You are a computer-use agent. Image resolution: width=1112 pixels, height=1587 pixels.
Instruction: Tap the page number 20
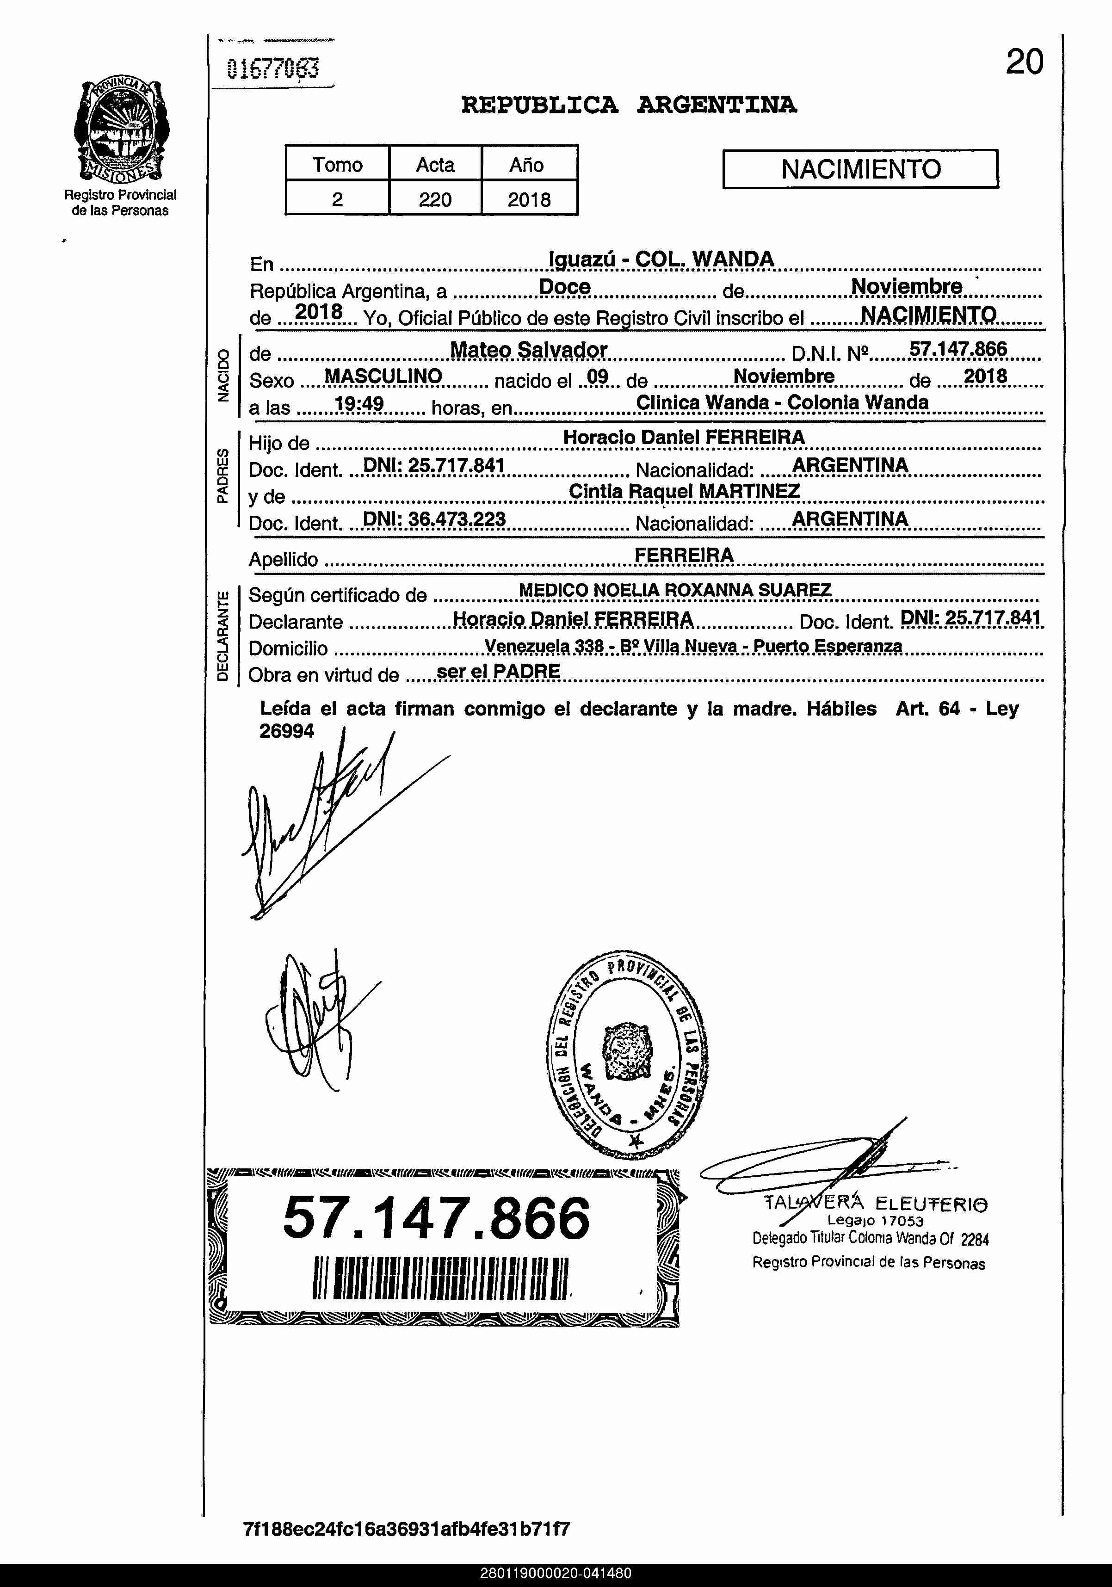click(x=1024, y=62)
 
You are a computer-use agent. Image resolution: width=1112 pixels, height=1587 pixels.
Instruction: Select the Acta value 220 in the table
click(x=435, y=200)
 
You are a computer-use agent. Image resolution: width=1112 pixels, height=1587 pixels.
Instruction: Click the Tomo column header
click(x=337, y=165)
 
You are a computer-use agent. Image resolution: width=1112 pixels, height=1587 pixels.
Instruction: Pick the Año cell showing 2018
click(x=529, y=200)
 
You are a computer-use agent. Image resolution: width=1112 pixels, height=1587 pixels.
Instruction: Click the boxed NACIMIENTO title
click(x=860, y=169)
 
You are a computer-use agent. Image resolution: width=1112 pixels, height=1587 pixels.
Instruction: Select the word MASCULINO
click(x=383, y=376)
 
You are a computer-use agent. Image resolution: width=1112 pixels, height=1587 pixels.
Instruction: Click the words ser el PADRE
click(x=498, y=671)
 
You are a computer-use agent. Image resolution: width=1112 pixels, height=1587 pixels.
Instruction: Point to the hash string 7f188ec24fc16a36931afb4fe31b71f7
click(x=407, y=1529)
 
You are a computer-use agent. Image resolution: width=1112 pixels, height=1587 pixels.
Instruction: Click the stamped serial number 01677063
click(x=273, y=69)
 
